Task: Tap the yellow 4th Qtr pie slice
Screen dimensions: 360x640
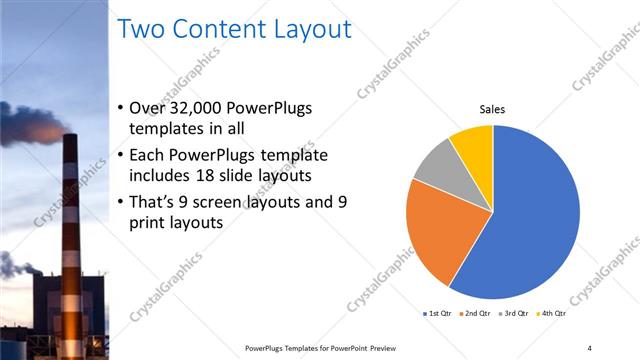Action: tap(473, 146)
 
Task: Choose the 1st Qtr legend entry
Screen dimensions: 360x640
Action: tap(437, 314)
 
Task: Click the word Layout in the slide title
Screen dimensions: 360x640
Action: tap(311, 30)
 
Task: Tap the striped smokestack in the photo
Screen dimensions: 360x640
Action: tap(71, 210)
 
